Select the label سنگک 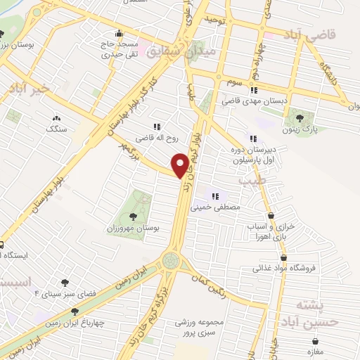(x=56, y=129)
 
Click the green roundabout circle (x=171, y=261)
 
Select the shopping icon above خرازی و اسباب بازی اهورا (x=272, y=215)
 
